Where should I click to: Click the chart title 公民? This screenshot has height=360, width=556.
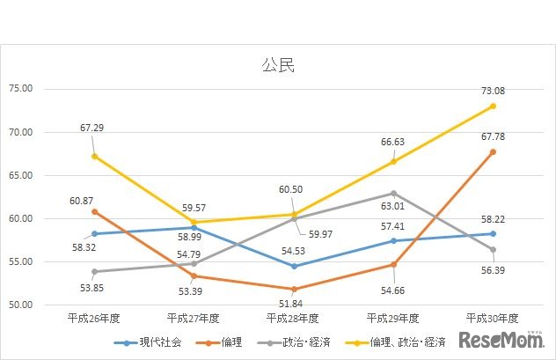tap(277, 64)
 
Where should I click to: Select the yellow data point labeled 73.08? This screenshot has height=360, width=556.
tap(493, 106)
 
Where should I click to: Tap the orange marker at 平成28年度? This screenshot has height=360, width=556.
tap(293, 289)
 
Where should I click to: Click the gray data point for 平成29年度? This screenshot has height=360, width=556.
tap(393, 193)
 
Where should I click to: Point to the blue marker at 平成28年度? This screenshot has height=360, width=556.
tap(293, 266)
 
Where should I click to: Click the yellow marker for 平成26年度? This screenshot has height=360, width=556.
tap(94, 156)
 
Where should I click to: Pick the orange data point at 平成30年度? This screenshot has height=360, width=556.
tap(493, 151)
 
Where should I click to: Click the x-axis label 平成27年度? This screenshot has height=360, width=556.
tap(194, 318)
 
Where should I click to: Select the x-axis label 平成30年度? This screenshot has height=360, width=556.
tap(493, 318)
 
